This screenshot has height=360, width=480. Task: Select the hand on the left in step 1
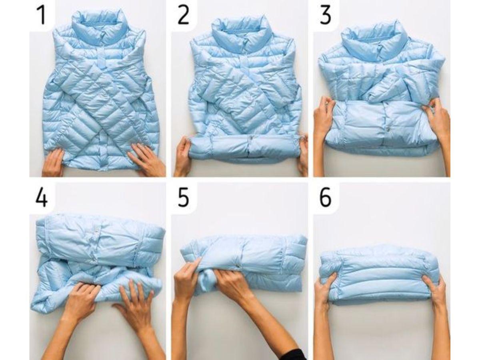pyautogui.click(x=54, y=162)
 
